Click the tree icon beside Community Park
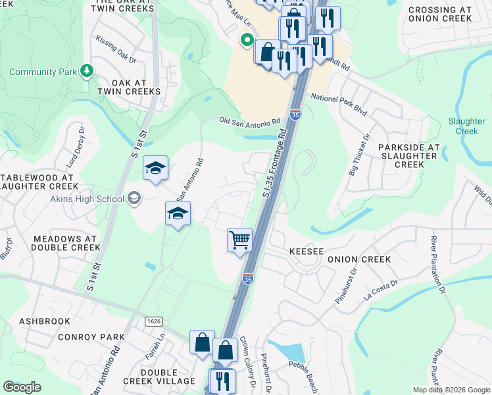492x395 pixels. [87, 70]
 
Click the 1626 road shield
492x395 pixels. [154, 320]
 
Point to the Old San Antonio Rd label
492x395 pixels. [249, 122]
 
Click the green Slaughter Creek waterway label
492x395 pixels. [466, 126]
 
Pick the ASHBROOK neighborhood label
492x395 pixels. [44, 321]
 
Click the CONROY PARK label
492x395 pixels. [91, 337]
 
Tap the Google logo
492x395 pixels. [22, 387]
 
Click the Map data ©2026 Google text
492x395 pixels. [451, 390]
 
